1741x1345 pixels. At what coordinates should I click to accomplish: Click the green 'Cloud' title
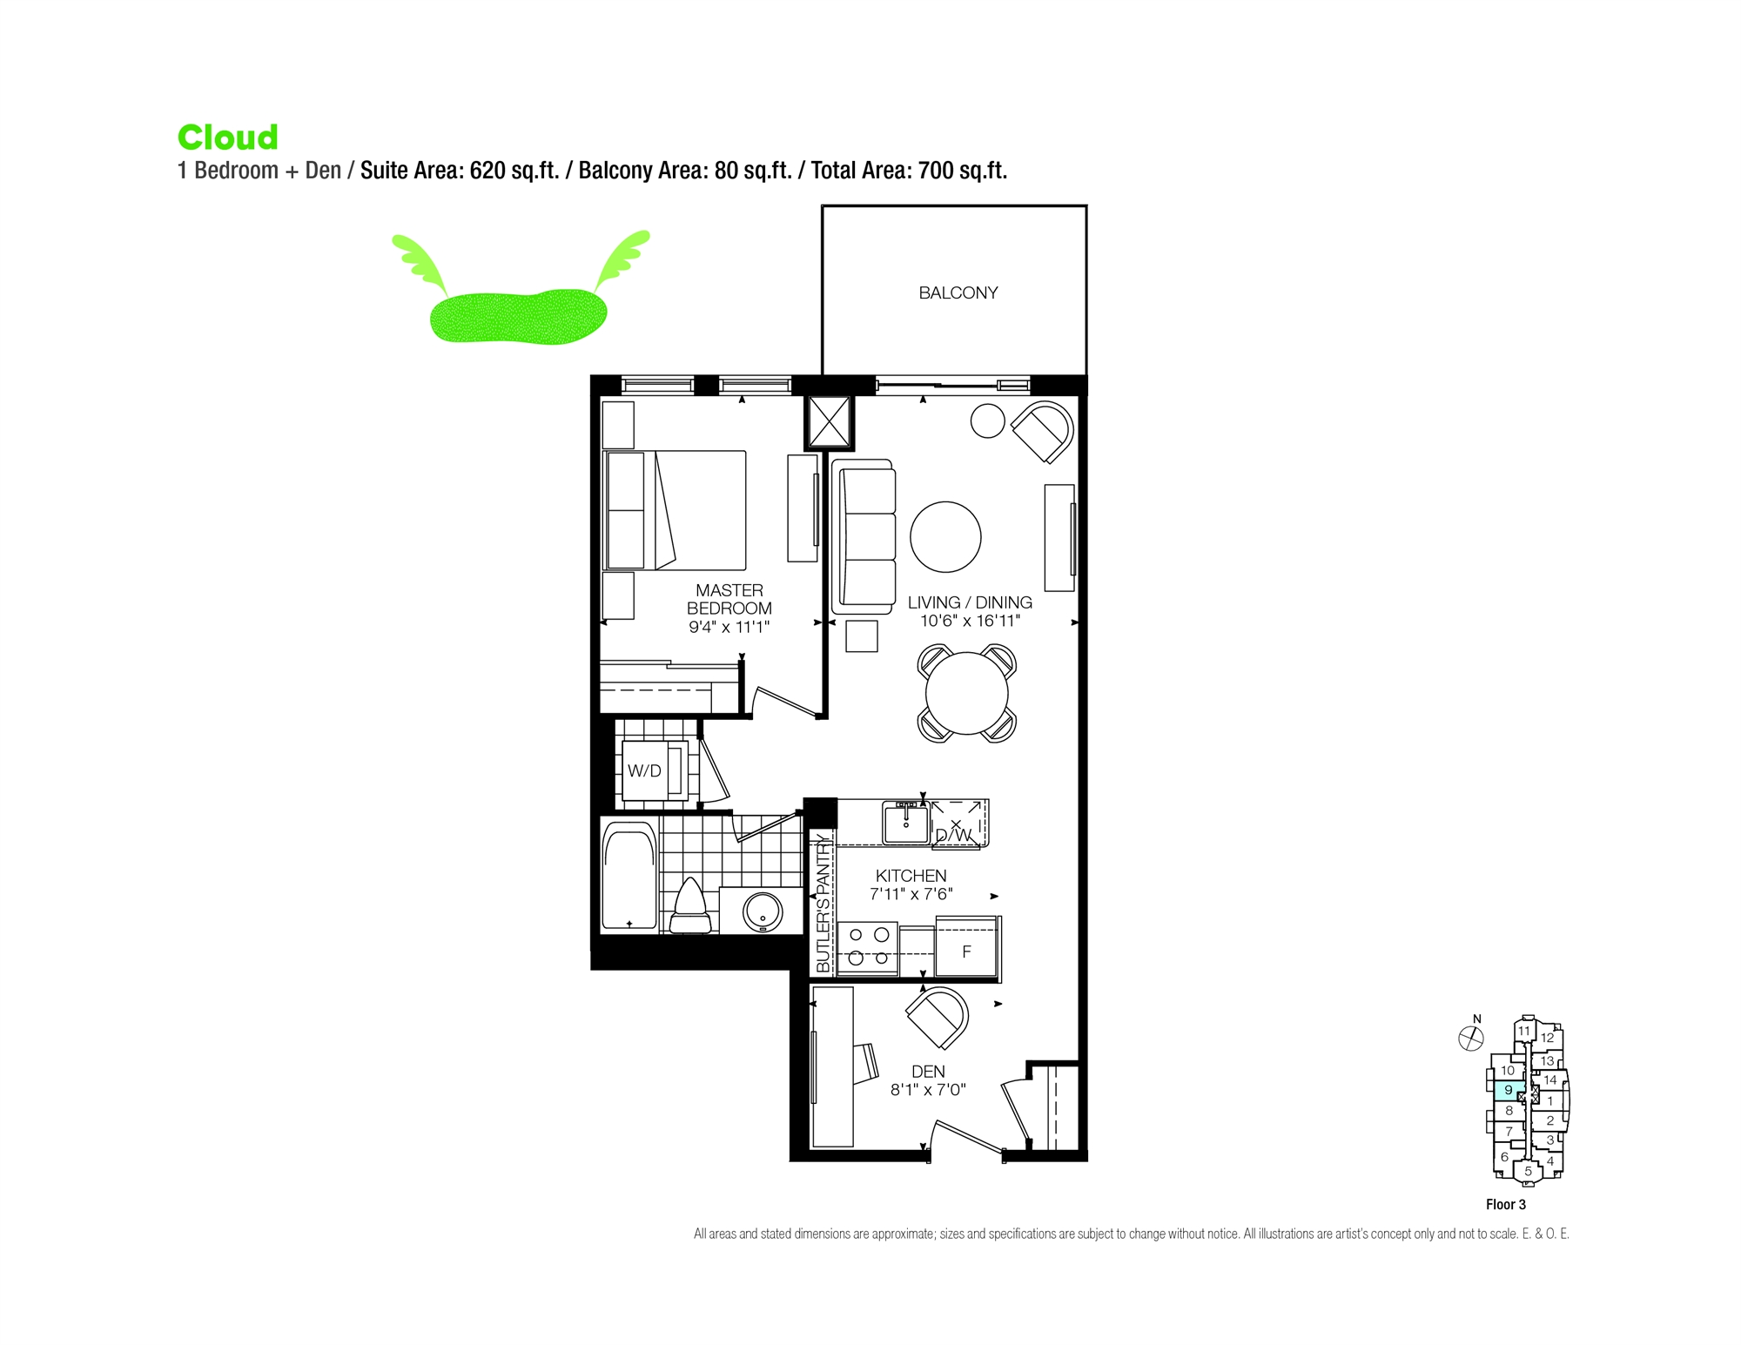tap(228, 138)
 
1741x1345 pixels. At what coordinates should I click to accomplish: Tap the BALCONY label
tap(958, 293)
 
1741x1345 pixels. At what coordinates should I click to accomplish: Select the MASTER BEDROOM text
tap(729, 599)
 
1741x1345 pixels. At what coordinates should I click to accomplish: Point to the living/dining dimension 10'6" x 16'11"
tap(970, 621)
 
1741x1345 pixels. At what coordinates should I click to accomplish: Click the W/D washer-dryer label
tap(644, 770)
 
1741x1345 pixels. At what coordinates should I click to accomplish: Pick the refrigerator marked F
tap(966, 952)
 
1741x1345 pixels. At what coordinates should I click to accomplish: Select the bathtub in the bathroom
tap(629, 879)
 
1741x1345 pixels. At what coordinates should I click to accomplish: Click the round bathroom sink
tap(763, 911)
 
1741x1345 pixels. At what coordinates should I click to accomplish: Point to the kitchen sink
tap(905, 824)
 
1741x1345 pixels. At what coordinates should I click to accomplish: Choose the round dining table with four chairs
tap(966, 693)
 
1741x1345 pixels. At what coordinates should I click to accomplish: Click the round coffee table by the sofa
tap(945, 537)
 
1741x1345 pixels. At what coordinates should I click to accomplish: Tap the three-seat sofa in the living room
tap(864, 537)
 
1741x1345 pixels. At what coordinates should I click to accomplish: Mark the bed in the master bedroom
tap(676, 510)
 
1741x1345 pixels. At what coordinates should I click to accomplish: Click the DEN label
tap(928, 1072)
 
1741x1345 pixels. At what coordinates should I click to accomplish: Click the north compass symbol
tap(1470, 1038)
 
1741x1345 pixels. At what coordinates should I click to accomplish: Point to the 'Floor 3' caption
tap(1505, 1205)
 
